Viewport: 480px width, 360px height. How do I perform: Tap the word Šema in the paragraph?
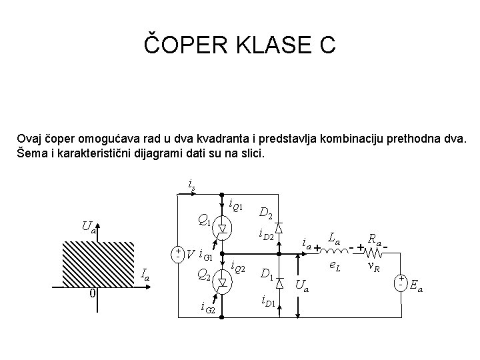[x=33, y=153]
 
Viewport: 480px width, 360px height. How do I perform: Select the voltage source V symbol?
[x=178, y=254]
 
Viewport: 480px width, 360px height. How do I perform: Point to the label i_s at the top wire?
[x=191, y=183]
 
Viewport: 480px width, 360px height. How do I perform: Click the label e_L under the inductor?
[x=337, y=266]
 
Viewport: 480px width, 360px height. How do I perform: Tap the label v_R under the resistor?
[x=375, y=266]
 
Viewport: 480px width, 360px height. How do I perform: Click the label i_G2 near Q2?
[x=207, y=307]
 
